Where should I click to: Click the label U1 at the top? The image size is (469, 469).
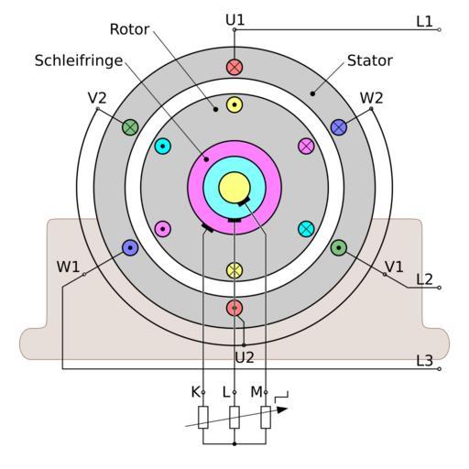[235, 20]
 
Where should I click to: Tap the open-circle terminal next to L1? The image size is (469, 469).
[439, 29]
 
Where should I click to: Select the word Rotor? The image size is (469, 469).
[129, 29]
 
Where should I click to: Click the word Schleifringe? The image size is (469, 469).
[79, 60]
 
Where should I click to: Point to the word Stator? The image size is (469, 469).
[370, 60]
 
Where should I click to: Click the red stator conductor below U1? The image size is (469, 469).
[234, 67]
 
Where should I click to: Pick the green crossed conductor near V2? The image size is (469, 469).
[130, 127]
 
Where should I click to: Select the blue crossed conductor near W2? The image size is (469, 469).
[339, 127]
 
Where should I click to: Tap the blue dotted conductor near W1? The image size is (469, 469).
[130, 248]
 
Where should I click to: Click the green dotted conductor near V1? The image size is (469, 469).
[339, 247]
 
